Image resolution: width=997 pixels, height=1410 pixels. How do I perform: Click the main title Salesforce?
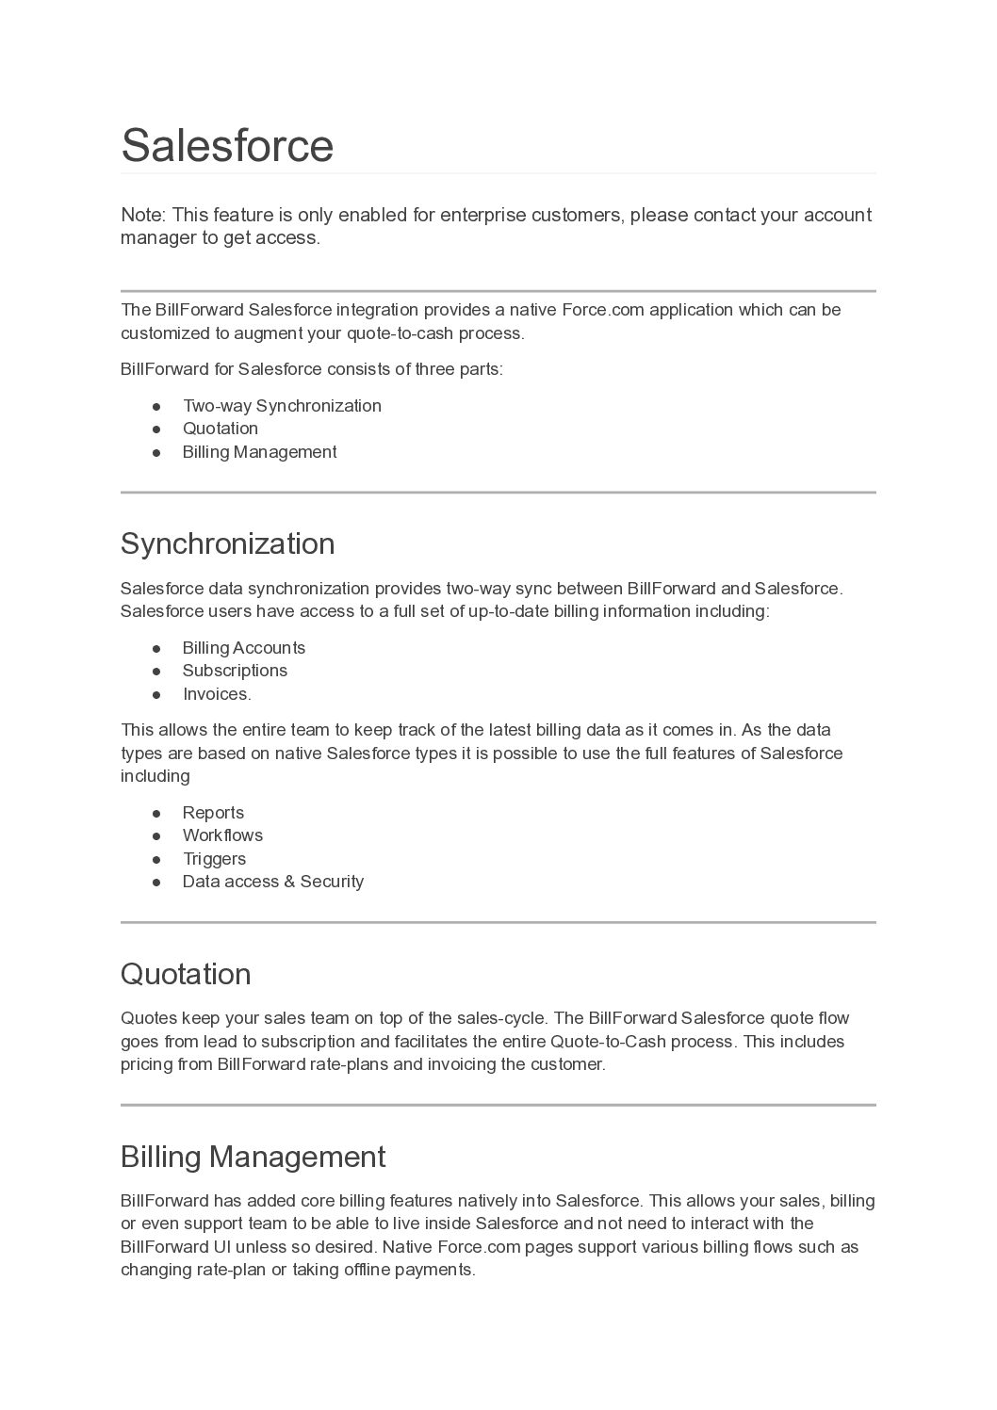point(227,146)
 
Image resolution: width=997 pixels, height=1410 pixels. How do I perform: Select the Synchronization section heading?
point(227,544)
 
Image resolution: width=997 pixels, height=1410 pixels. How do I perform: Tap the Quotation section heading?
point(186,974)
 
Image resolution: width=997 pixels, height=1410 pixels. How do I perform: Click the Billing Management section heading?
point(253,1157)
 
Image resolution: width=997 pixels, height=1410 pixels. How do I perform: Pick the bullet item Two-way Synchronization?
point(282,406)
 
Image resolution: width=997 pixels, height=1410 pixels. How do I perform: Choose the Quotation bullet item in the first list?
point(220,429)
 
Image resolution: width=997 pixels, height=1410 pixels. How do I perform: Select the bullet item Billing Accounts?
point(243,648)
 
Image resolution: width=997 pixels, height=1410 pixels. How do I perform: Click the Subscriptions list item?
point(235,671)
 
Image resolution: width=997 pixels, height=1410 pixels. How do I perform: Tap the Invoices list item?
point(217,694)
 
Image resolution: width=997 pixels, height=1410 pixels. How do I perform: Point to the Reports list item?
point(213,813)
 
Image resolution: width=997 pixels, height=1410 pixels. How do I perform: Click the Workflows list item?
point(222,835)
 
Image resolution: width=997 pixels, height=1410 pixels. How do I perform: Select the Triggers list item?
point(214,859)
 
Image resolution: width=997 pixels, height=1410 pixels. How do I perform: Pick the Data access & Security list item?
point(272,882)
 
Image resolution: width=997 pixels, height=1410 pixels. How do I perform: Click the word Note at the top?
point(141,216)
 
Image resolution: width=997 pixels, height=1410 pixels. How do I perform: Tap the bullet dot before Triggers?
point(157,859)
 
